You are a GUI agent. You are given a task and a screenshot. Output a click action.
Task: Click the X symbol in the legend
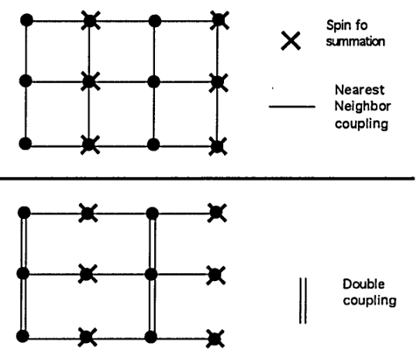tap(291, 41)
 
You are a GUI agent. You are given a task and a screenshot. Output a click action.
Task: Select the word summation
tap(356, 42)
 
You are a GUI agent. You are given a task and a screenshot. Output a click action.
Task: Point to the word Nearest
tap(360, 90)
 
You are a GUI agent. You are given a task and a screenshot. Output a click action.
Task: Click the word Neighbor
tap(363, 106)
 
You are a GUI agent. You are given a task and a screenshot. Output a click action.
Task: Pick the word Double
tap(364, 284)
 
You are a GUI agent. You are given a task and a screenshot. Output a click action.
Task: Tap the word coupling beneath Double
tap(370, 301)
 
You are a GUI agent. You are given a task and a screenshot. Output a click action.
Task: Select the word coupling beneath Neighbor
tap(361, 124)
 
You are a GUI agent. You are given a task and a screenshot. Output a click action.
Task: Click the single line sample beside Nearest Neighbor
tap(292, 107)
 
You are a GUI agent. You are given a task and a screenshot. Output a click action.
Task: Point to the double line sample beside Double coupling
tap(303, 300)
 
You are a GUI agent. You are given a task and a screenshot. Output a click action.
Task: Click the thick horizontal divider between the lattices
tap(208, 178)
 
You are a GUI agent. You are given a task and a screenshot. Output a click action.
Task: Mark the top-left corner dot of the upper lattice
tap(26, 20)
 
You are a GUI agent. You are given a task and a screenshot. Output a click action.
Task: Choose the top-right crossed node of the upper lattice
tap(219, 20)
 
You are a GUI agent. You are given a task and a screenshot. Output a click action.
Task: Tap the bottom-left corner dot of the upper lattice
tap(26, 144)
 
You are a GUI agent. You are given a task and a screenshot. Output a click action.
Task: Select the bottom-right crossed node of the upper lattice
tap(218, 146)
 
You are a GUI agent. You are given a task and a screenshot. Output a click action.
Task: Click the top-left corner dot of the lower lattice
tap(24, 213)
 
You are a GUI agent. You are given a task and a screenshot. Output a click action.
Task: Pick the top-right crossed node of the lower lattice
tap(217, 213)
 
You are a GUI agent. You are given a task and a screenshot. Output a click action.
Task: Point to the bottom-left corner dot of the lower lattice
tap(22, 336)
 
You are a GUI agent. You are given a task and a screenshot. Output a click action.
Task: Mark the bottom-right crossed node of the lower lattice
tap(215, 338)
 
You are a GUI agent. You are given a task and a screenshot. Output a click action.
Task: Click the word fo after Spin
tap(362, 26)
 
